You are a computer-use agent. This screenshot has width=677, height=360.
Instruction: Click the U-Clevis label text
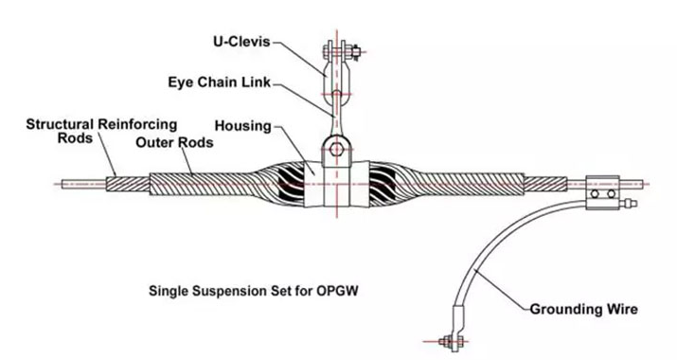pyautogui.click(x=241, y=42)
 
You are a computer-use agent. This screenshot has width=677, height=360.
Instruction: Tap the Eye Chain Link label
pyautogui.click(x=220, y=82)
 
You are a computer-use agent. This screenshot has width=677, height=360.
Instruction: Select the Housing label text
pyautogui.click(x=243, y=126)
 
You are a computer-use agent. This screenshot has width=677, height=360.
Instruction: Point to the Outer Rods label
pyautogui.click(x=174, y=142)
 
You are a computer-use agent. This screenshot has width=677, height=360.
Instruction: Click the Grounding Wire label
pyautogui.click(x=584, y=310)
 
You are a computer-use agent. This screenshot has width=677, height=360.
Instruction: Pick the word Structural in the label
pyautogui.click(x=60, y=124)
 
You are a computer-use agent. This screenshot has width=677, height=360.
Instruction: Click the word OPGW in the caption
pyautogui.click(x=337, y=291)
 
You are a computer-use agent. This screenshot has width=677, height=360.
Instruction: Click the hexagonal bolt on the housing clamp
pyautogui.click(x=336, y=150)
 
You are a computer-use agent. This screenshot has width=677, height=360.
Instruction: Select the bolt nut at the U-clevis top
pyautogui.click(x=356, y=52)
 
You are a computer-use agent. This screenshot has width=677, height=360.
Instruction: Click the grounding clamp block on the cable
pyautogui.click(x=602, y=192)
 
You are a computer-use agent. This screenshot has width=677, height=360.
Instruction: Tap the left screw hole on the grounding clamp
pyautogui.click(x=595, y=194)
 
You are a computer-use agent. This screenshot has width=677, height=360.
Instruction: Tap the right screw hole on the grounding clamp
pyautogui.click(x=611, y=194)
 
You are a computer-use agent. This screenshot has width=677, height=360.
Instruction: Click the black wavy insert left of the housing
pyautogui.click(x=291, y=185)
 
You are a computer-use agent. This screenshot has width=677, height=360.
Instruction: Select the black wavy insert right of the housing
pyautogui.click(x=383, y=185)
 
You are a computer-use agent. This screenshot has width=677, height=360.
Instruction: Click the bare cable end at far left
pyautogui.click(x=83, y=185)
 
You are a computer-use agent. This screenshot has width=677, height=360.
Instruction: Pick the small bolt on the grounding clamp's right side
pyautogui.click(x=628, y=203)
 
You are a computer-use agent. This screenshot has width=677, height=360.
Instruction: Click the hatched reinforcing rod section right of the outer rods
pyautogui.click(x=545, y=185)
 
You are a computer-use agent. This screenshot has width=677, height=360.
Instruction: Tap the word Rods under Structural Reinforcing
pyautogui.click(x=75, y=138)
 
